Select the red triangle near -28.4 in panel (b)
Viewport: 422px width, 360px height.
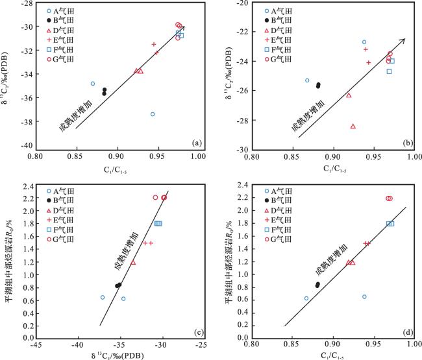353,126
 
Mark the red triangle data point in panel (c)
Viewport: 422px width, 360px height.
133,263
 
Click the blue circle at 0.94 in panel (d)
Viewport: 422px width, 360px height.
364,296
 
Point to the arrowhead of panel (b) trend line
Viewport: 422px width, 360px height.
403,40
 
